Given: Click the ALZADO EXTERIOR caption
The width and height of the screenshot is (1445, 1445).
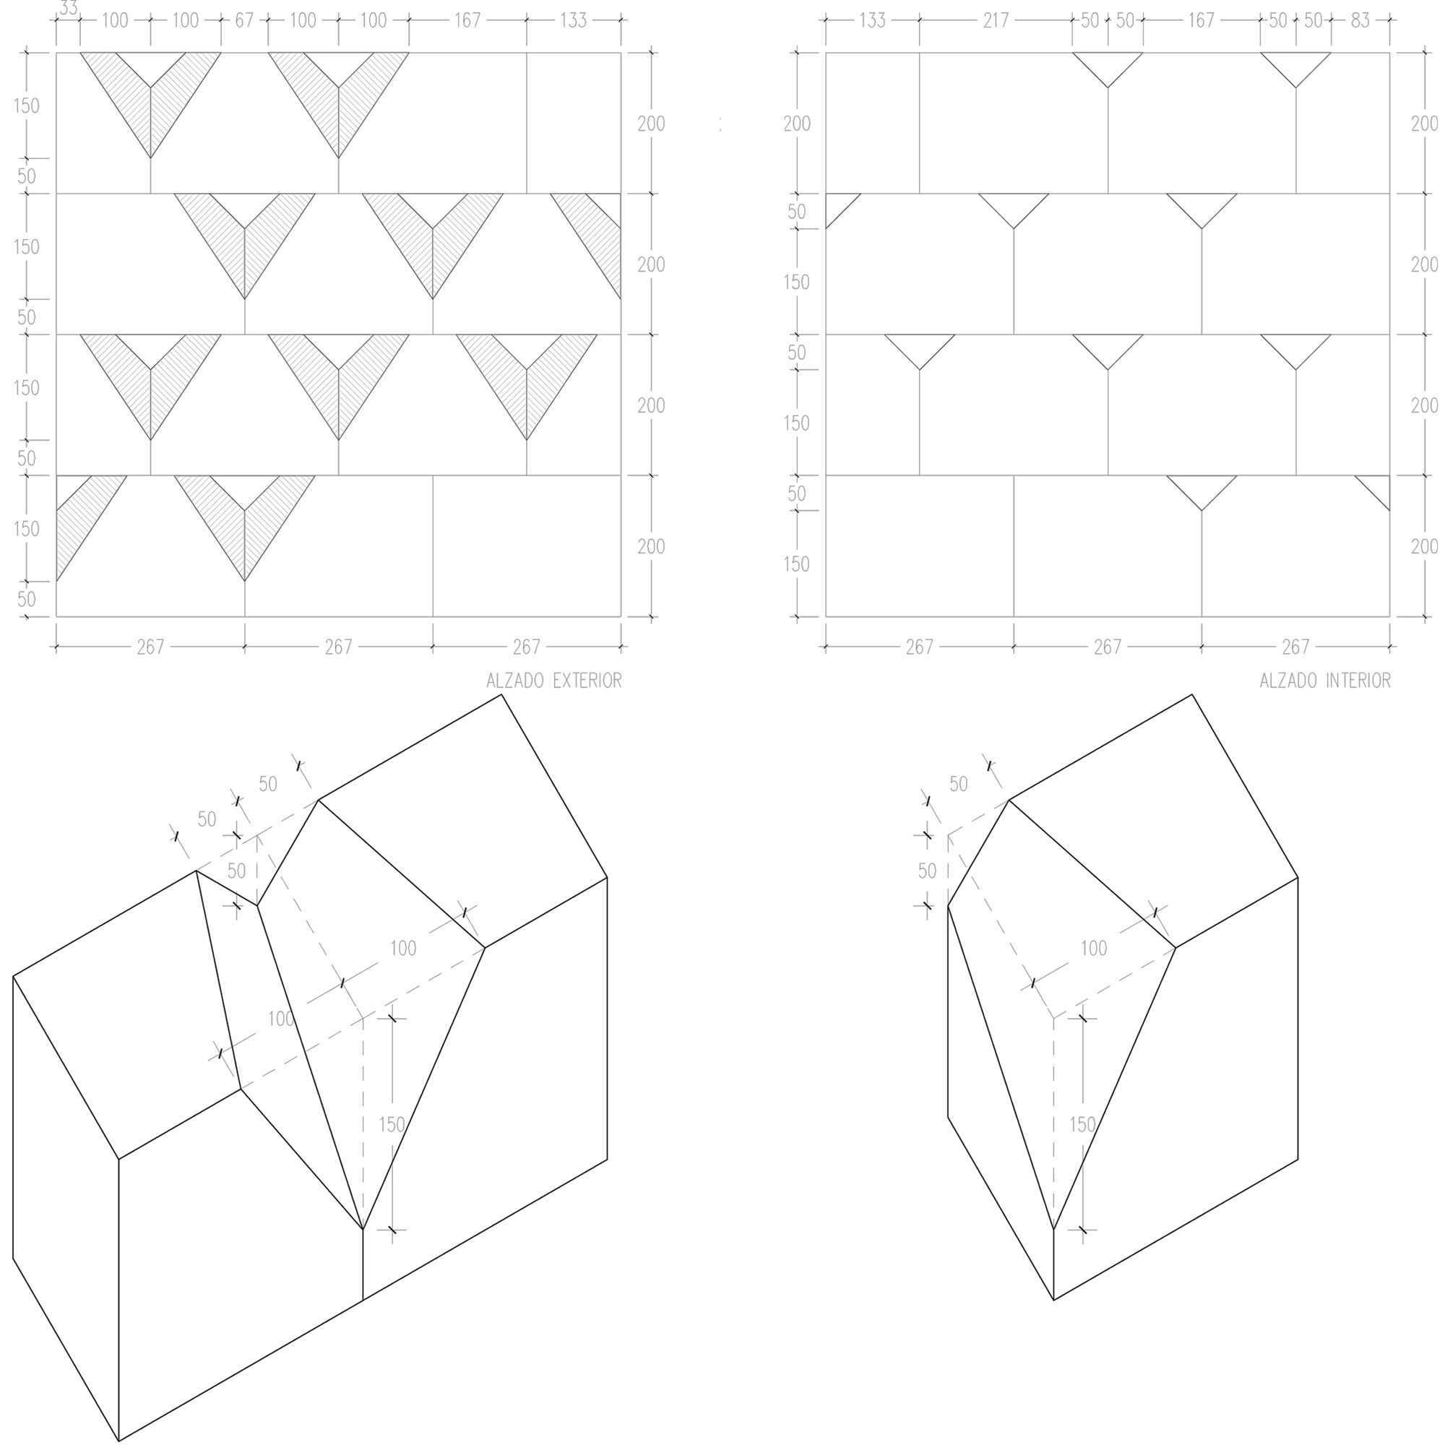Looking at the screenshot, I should click(553, 681).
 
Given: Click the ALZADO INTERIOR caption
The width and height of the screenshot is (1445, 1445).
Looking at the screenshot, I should click(1324, 681).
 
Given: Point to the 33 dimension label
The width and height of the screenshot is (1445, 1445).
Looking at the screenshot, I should click(68, 8).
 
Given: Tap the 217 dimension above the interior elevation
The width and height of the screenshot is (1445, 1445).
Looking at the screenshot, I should click(996, 20).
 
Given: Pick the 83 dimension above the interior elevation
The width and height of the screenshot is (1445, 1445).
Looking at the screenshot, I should click(1360, 20).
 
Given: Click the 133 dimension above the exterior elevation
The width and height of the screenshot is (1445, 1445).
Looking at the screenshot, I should click(573, 20).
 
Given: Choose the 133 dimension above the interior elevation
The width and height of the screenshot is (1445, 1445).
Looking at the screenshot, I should click(872, 20).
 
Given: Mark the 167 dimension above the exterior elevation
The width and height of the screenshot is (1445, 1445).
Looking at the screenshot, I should click(467, 20).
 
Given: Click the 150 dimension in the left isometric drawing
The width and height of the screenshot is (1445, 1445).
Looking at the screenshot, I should click(392, 1124).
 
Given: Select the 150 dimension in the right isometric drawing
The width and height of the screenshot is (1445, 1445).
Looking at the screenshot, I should click(1082, 1124).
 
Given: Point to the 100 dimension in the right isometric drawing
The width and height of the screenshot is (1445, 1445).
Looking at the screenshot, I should click(1093, 949).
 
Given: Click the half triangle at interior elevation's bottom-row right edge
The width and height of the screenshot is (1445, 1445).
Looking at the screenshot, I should click(1378, 488).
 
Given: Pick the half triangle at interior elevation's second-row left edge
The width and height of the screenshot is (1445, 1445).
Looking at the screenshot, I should click(837, 206).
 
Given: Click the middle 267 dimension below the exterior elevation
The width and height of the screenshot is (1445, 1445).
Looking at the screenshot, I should click(338, 647).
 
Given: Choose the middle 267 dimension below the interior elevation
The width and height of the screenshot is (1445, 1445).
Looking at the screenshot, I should click(1107, 647).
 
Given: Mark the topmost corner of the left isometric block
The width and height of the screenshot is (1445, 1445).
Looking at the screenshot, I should click(501, 695).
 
